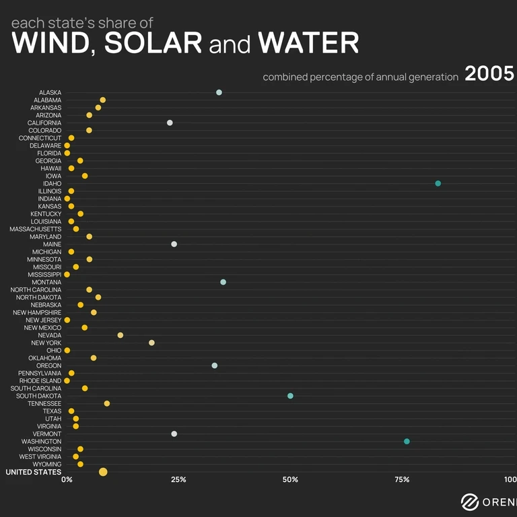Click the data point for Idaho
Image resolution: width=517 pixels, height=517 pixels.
(x=438, y=183)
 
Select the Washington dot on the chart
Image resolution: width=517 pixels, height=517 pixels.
(x=407, y=442)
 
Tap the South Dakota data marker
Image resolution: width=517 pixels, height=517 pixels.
(x=290, y=396)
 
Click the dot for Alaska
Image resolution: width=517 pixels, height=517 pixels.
(x=219, y=92)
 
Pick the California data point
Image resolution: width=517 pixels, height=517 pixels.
(x=170, y=123)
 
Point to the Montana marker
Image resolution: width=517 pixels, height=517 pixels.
(x=223, y=282)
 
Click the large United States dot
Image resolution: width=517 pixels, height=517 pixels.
(x=103, y=472)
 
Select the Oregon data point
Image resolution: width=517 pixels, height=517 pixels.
(x=214, y=366)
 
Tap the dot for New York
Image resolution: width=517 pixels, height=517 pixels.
(x=151, y=343)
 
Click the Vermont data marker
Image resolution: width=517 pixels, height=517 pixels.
(x=174, y=434)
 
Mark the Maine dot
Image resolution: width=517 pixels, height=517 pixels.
(x=174, y=244)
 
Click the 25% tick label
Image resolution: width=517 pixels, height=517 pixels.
(x=178, y=480)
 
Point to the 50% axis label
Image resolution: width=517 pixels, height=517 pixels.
(x=290, y=480)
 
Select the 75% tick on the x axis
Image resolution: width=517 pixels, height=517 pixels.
(x=402, y=480)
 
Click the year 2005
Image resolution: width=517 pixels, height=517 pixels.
(x=489, y=74)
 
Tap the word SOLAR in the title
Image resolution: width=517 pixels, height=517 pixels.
(x=153, y=44)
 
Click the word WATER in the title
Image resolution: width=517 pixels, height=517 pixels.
(x=308, y=44)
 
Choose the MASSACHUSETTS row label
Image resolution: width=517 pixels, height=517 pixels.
(x=35, y=229)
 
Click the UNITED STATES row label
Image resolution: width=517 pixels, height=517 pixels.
(x=33, y=472)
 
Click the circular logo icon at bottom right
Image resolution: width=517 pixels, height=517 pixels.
(x=470, y=502)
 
